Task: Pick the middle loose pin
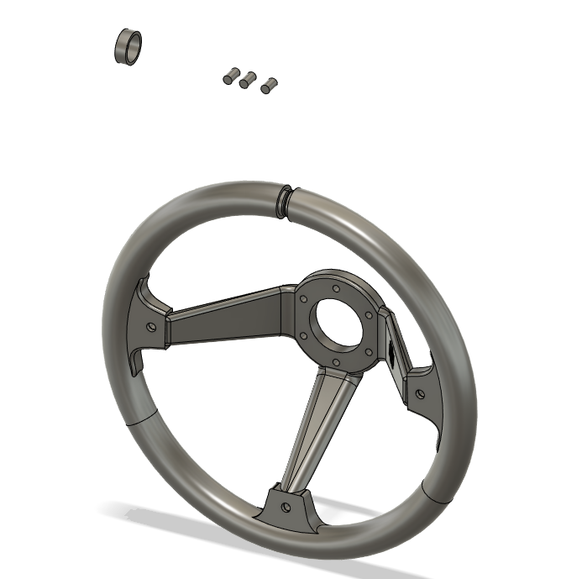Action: coord(247,80)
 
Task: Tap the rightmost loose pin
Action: coord(269,84)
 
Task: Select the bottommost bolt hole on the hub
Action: coord(335,362)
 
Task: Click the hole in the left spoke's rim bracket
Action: coord(151,326)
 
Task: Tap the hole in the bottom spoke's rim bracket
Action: coord(286,508)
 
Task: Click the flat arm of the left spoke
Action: coord(227,320)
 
